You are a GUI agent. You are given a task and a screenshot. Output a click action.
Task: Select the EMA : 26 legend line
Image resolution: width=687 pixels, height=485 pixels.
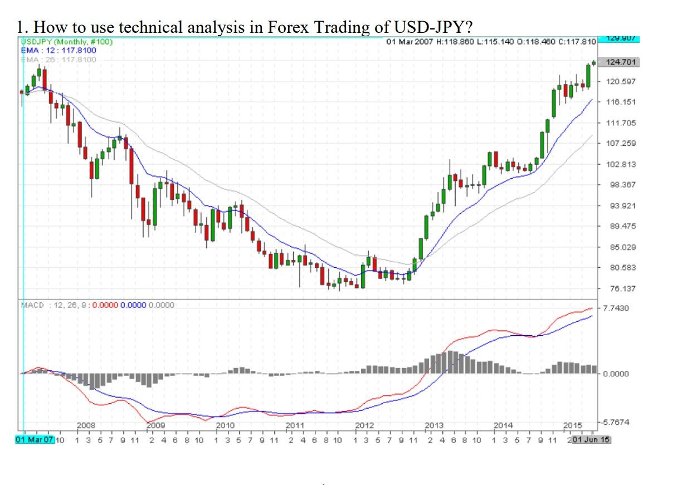58,58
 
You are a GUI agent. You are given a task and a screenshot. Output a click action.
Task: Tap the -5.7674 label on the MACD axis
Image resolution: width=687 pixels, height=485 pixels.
616,423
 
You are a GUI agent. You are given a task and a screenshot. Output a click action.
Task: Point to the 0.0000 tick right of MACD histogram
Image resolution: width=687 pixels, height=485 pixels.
616,374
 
